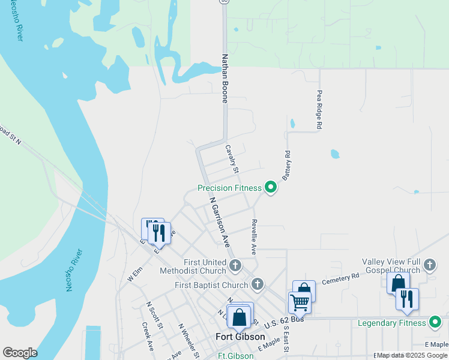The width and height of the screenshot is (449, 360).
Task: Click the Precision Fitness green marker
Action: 271,188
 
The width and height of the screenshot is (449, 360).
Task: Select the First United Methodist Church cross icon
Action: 235,265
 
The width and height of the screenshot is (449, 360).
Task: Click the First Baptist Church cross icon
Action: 258,284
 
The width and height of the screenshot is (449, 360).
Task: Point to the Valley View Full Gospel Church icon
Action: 429,265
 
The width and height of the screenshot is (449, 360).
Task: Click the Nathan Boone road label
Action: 225,79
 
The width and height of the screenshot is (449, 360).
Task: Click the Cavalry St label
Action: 232,158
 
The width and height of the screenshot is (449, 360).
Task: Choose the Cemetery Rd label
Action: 340,279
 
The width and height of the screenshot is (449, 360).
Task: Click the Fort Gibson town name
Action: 240,337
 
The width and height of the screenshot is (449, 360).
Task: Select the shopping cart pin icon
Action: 299,302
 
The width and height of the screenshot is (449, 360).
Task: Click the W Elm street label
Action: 135,274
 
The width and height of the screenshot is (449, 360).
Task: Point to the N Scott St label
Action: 155,315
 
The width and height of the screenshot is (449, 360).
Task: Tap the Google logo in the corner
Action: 20,353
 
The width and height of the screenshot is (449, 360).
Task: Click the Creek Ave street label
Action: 148,337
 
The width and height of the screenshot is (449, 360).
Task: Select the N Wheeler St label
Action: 189,341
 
